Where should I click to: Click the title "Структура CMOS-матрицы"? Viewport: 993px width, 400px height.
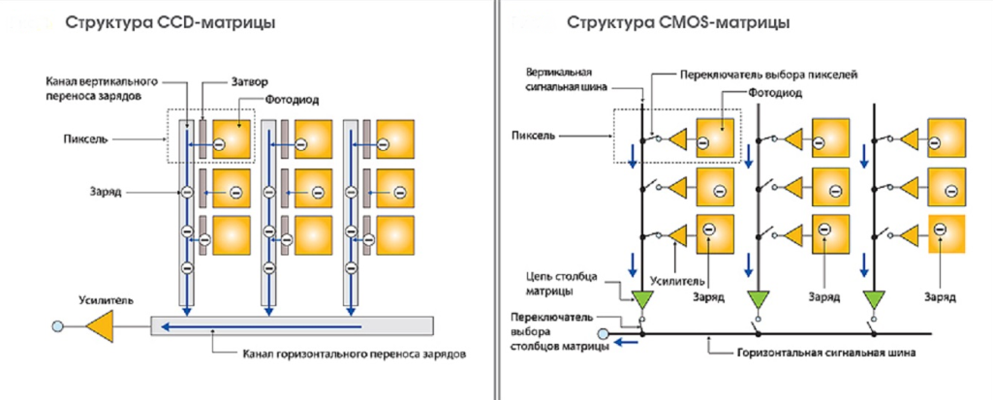tap(677, 20)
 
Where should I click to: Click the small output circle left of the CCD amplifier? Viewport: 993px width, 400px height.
tap(58, 327)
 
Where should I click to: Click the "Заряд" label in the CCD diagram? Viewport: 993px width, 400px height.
tap(102, 193)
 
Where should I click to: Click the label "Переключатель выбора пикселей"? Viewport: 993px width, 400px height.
tap(755, 74)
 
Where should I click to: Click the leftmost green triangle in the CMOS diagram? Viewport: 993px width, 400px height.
tap(641, 298)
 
